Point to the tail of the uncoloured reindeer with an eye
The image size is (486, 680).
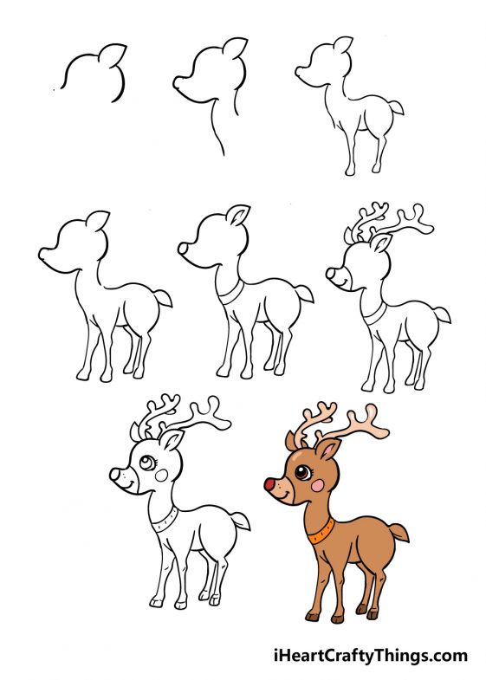click(x=242, y=521)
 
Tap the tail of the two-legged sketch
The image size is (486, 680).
click(x=394, y=109)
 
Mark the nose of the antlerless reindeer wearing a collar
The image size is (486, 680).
click(x=184, y=249)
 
